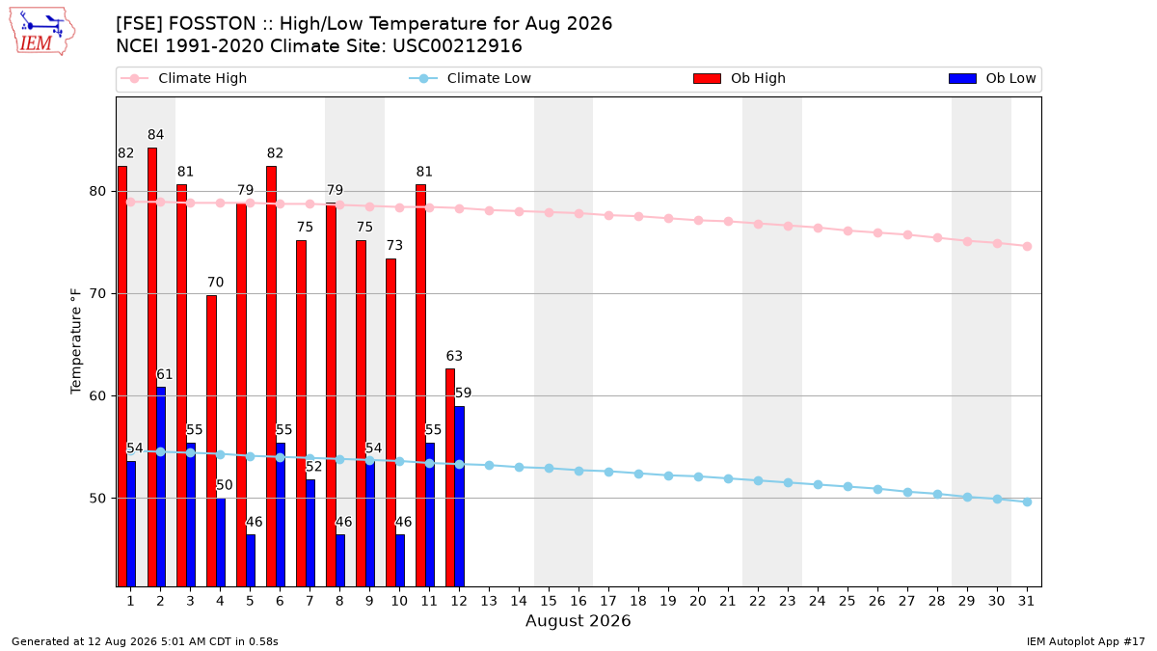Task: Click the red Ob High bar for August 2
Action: click(x=152, y=366)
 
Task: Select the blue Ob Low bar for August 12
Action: click(x=460, y=496)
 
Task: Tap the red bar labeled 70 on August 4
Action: click(x=212, y=441)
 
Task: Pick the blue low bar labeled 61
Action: click(x=161, y=487)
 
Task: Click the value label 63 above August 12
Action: click(x=454, y=356)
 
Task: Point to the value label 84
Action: click(x=155, y=135)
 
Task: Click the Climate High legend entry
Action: click(x=183, y=78)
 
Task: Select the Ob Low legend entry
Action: click(x=992, y=78)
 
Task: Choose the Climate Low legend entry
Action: click(x=471, y=78)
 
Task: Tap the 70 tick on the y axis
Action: click(x=97, y=293)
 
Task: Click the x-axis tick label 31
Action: click(x=1026, y=601)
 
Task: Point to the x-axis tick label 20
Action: click(x=698, y=601)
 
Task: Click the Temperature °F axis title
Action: click(x=76, y=341)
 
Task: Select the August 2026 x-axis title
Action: click(x=578, y=620)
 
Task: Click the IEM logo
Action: click(x=41, y=32)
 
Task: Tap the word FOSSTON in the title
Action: click(x=212, y=24)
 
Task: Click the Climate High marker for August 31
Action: click(x=1027, y=247)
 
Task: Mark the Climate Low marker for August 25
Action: click(x=848, y=487)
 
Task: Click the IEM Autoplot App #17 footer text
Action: click(x=1086, y=641)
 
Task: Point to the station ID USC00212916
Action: click(x=457, y=46)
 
